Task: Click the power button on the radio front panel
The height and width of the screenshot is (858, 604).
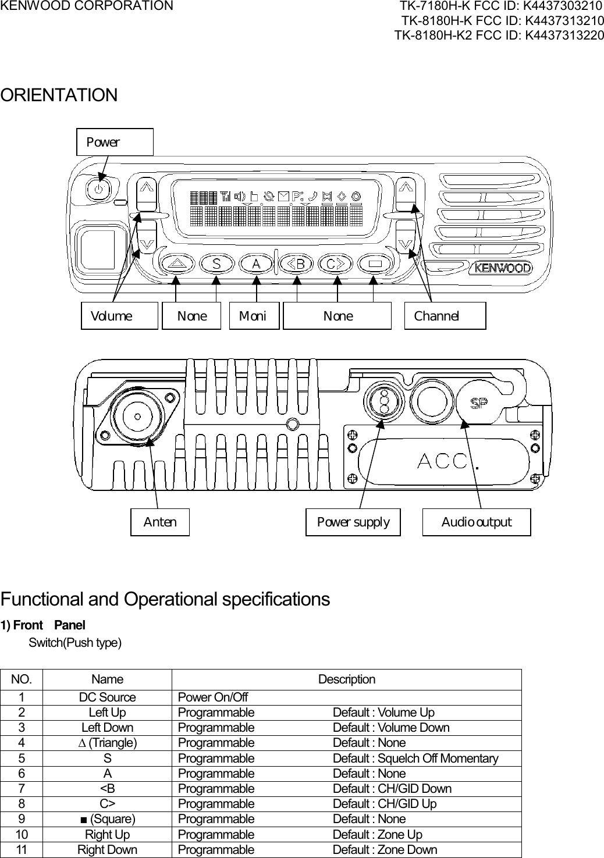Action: [100, 188]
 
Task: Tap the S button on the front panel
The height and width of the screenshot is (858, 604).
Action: [217, 264]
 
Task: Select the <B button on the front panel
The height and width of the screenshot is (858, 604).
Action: [297, 264]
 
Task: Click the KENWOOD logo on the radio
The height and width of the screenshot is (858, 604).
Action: [503, 268]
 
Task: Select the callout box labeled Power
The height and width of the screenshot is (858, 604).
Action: [115, 143]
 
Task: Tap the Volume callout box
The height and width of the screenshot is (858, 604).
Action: [119, 316]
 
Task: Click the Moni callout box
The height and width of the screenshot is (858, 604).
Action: [254, 316]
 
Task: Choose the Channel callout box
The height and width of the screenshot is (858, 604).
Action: [445, 316]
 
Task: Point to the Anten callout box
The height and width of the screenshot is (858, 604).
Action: [160, 522]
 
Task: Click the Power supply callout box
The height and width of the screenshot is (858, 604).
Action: [353, 522]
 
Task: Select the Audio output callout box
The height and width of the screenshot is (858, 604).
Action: [476, 522]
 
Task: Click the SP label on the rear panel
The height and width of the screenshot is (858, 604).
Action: [479, 403]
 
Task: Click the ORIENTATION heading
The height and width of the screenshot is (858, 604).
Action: [59, 95]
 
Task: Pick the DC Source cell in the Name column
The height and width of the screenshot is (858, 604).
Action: [107, 697]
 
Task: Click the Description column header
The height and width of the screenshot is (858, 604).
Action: [346, 679]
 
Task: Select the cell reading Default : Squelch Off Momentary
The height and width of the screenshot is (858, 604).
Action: [415, 759]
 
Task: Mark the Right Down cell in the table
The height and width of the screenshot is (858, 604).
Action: [107, 850]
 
